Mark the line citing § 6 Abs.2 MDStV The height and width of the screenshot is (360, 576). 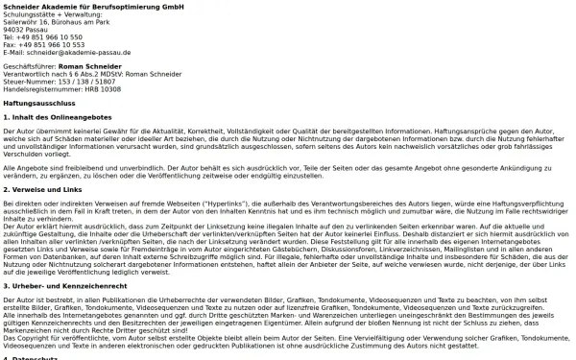(78, 73)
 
